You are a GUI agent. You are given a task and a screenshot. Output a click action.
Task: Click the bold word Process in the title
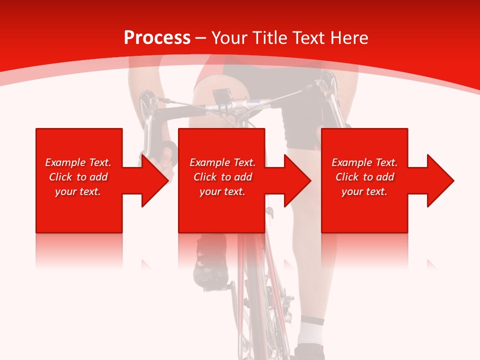pos(157,37)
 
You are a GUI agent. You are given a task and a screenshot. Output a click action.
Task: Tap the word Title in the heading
pos(267,37)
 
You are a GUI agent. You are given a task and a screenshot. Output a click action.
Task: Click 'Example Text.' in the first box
pos(78,162)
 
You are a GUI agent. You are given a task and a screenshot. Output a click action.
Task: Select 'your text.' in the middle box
pos(222,191)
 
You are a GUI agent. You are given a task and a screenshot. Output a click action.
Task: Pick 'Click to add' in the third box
pos(364,177)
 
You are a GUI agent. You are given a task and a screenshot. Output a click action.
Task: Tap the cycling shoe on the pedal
pos(210,260)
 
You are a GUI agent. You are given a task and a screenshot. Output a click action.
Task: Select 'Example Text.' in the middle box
pos(222,162)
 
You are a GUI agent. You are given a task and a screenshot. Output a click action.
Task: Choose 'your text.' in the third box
pos(364,191)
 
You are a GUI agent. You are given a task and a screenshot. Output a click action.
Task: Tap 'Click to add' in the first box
pos(78,177)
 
